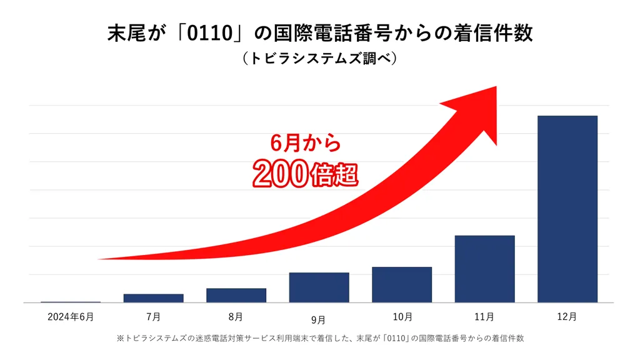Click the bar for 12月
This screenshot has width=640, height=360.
coord(567,209)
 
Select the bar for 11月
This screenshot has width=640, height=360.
coord(484,269)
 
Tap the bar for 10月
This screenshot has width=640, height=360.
coord(402,284)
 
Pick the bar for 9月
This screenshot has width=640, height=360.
coord(319,287)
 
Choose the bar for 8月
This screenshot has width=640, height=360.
coord(236,295)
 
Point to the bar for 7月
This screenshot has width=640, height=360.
coord(153,298)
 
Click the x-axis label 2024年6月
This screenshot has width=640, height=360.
coord(71,317)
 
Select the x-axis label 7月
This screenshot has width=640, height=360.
coord(153,317)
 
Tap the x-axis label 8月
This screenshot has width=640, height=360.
coord(236,317)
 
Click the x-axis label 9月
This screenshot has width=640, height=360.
coord(319,321)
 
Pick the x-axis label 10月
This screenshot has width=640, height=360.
coord(402,317)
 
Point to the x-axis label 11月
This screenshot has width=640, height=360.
coord(484,317)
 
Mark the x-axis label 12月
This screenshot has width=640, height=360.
coord(567,317)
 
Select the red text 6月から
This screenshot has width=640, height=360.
coord(305,143)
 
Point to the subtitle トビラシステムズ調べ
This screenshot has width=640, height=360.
coord(319,59)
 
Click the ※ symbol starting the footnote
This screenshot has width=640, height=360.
coord(121,338)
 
